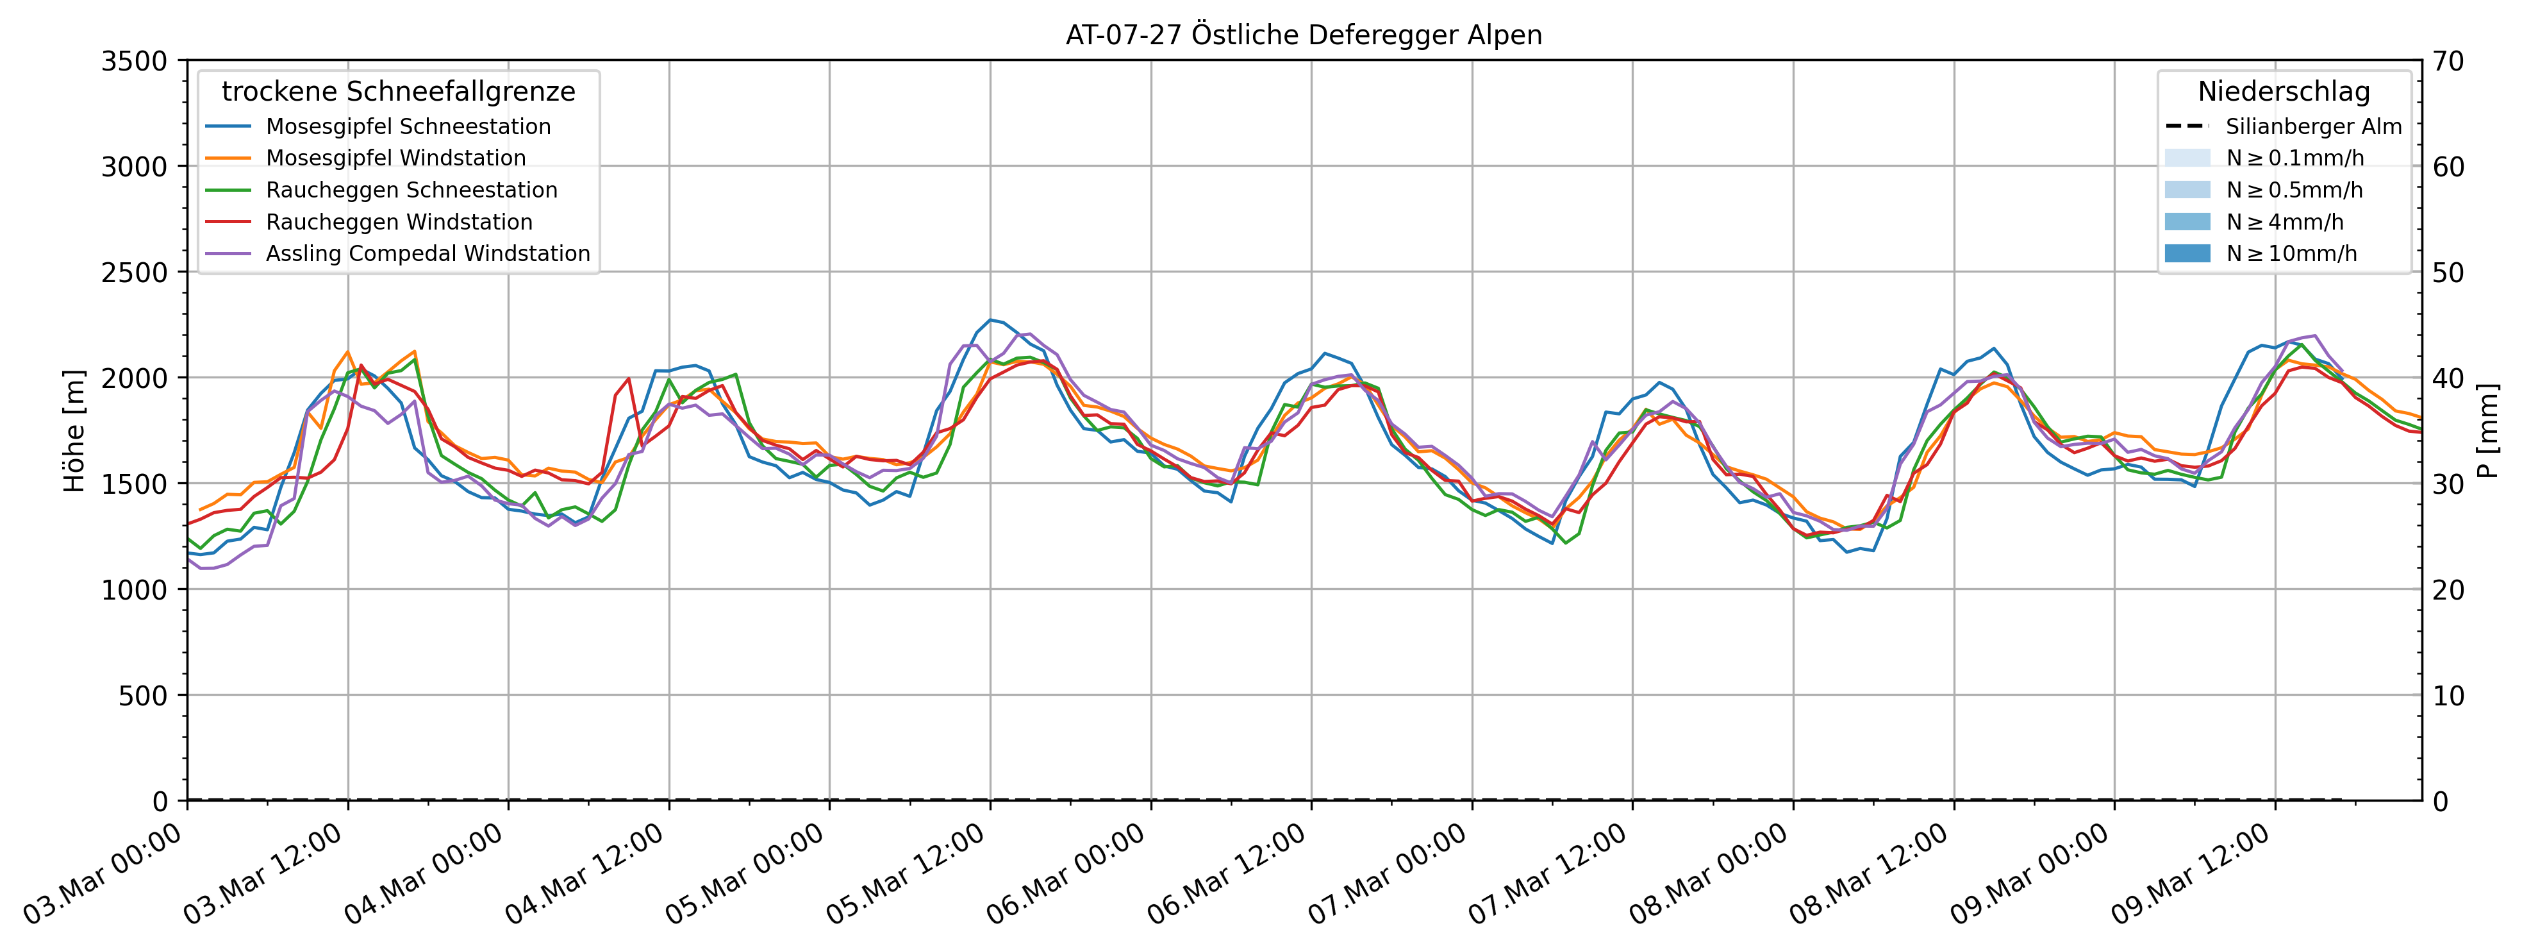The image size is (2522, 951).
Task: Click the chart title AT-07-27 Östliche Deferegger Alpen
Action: click(x=1303, y=35)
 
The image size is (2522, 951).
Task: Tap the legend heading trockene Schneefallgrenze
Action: click(x=399, y=92)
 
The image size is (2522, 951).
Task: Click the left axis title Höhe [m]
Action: click(x=74, y=431)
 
